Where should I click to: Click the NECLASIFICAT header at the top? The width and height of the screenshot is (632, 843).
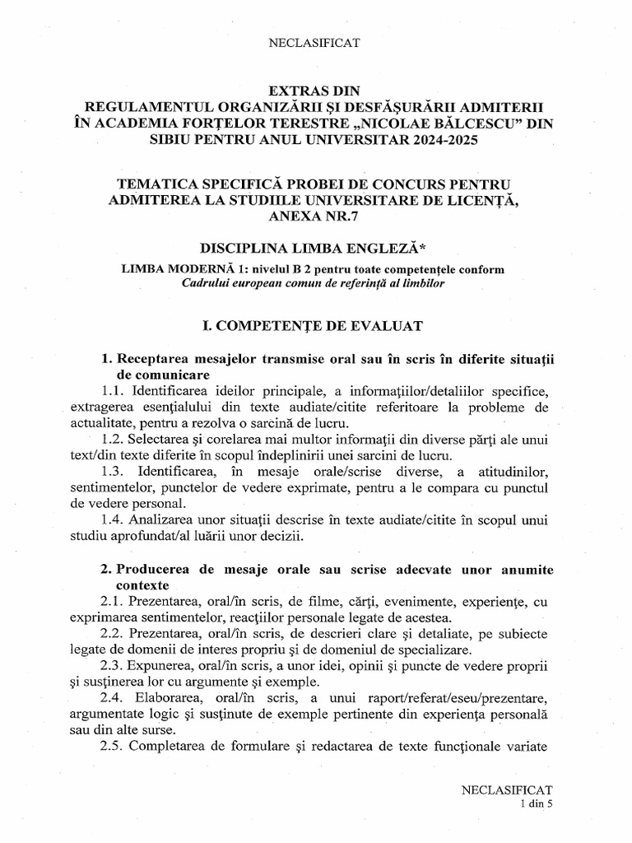316,41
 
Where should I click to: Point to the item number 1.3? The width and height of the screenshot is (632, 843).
113,472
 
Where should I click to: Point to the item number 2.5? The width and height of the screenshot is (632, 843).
113,748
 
